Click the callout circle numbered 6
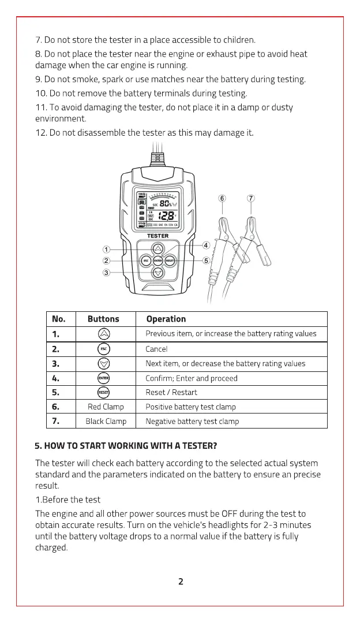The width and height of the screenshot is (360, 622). click(223, 199)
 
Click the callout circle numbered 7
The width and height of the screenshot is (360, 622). click(251, 199)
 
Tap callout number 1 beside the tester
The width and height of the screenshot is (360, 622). click(106, 249)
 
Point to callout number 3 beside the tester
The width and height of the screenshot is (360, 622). click(106, 273)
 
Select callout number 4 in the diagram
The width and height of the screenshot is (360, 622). click(206, 245)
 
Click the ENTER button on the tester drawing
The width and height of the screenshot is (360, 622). click(158, 261)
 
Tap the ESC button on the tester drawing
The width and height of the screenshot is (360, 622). click(146, 261)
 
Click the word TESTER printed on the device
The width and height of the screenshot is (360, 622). click(158, 236)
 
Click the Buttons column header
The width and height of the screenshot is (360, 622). click(103, 319)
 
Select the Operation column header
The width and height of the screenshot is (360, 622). click(166, 319)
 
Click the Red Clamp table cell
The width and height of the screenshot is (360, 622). click(106, 407)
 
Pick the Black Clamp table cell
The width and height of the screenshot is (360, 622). click(106, 421)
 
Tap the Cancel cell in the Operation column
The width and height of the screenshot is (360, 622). click(156, 349)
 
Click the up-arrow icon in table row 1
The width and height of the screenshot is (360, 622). click(103, 334)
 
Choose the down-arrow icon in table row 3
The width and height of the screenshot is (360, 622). click(103, 363)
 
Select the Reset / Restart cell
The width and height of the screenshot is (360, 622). click(171, 392)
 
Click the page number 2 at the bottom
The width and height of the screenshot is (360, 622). click(181, 582)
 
